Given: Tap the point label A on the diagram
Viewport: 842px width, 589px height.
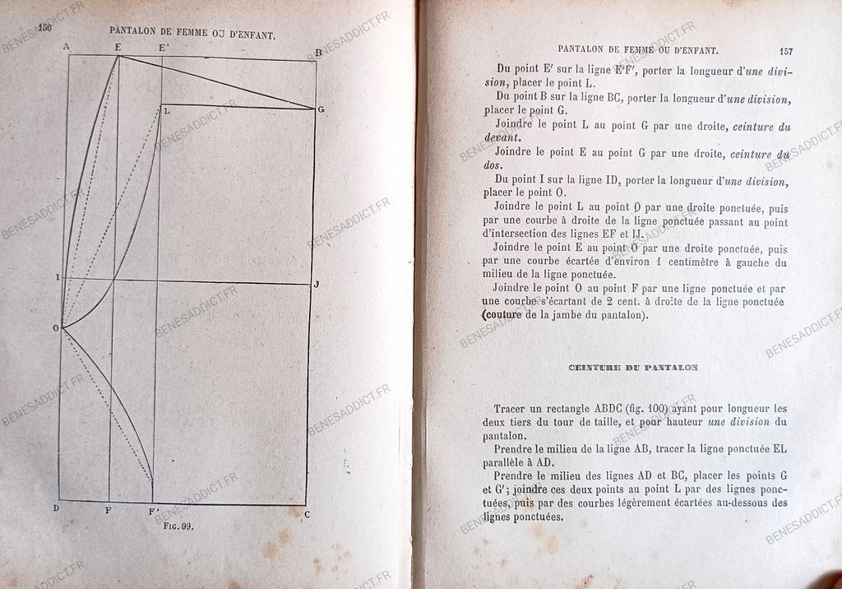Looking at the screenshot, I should [66, 48].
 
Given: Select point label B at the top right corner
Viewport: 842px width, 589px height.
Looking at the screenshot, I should [318, 53].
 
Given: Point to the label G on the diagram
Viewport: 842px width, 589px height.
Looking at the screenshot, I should [321, 109].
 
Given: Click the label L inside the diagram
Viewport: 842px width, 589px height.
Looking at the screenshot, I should [167, 110].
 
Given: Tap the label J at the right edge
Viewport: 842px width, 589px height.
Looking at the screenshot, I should [315, 285].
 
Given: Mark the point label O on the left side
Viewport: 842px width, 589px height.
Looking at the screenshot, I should [56, 328].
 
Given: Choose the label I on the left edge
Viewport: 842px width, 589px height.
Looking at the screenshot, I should [57, 277].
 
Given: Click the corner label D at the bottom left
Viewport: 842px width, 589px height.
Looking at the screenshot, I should [56, 508].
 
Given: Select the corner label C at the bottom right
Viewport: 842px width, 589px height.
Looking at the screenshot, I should [307, 515].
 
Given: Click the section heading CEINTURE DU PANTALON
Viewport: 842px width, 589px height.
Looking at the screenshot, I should [632, 368].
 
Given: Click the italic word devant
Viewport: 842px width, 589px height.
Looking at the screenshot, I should [503, 138].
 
